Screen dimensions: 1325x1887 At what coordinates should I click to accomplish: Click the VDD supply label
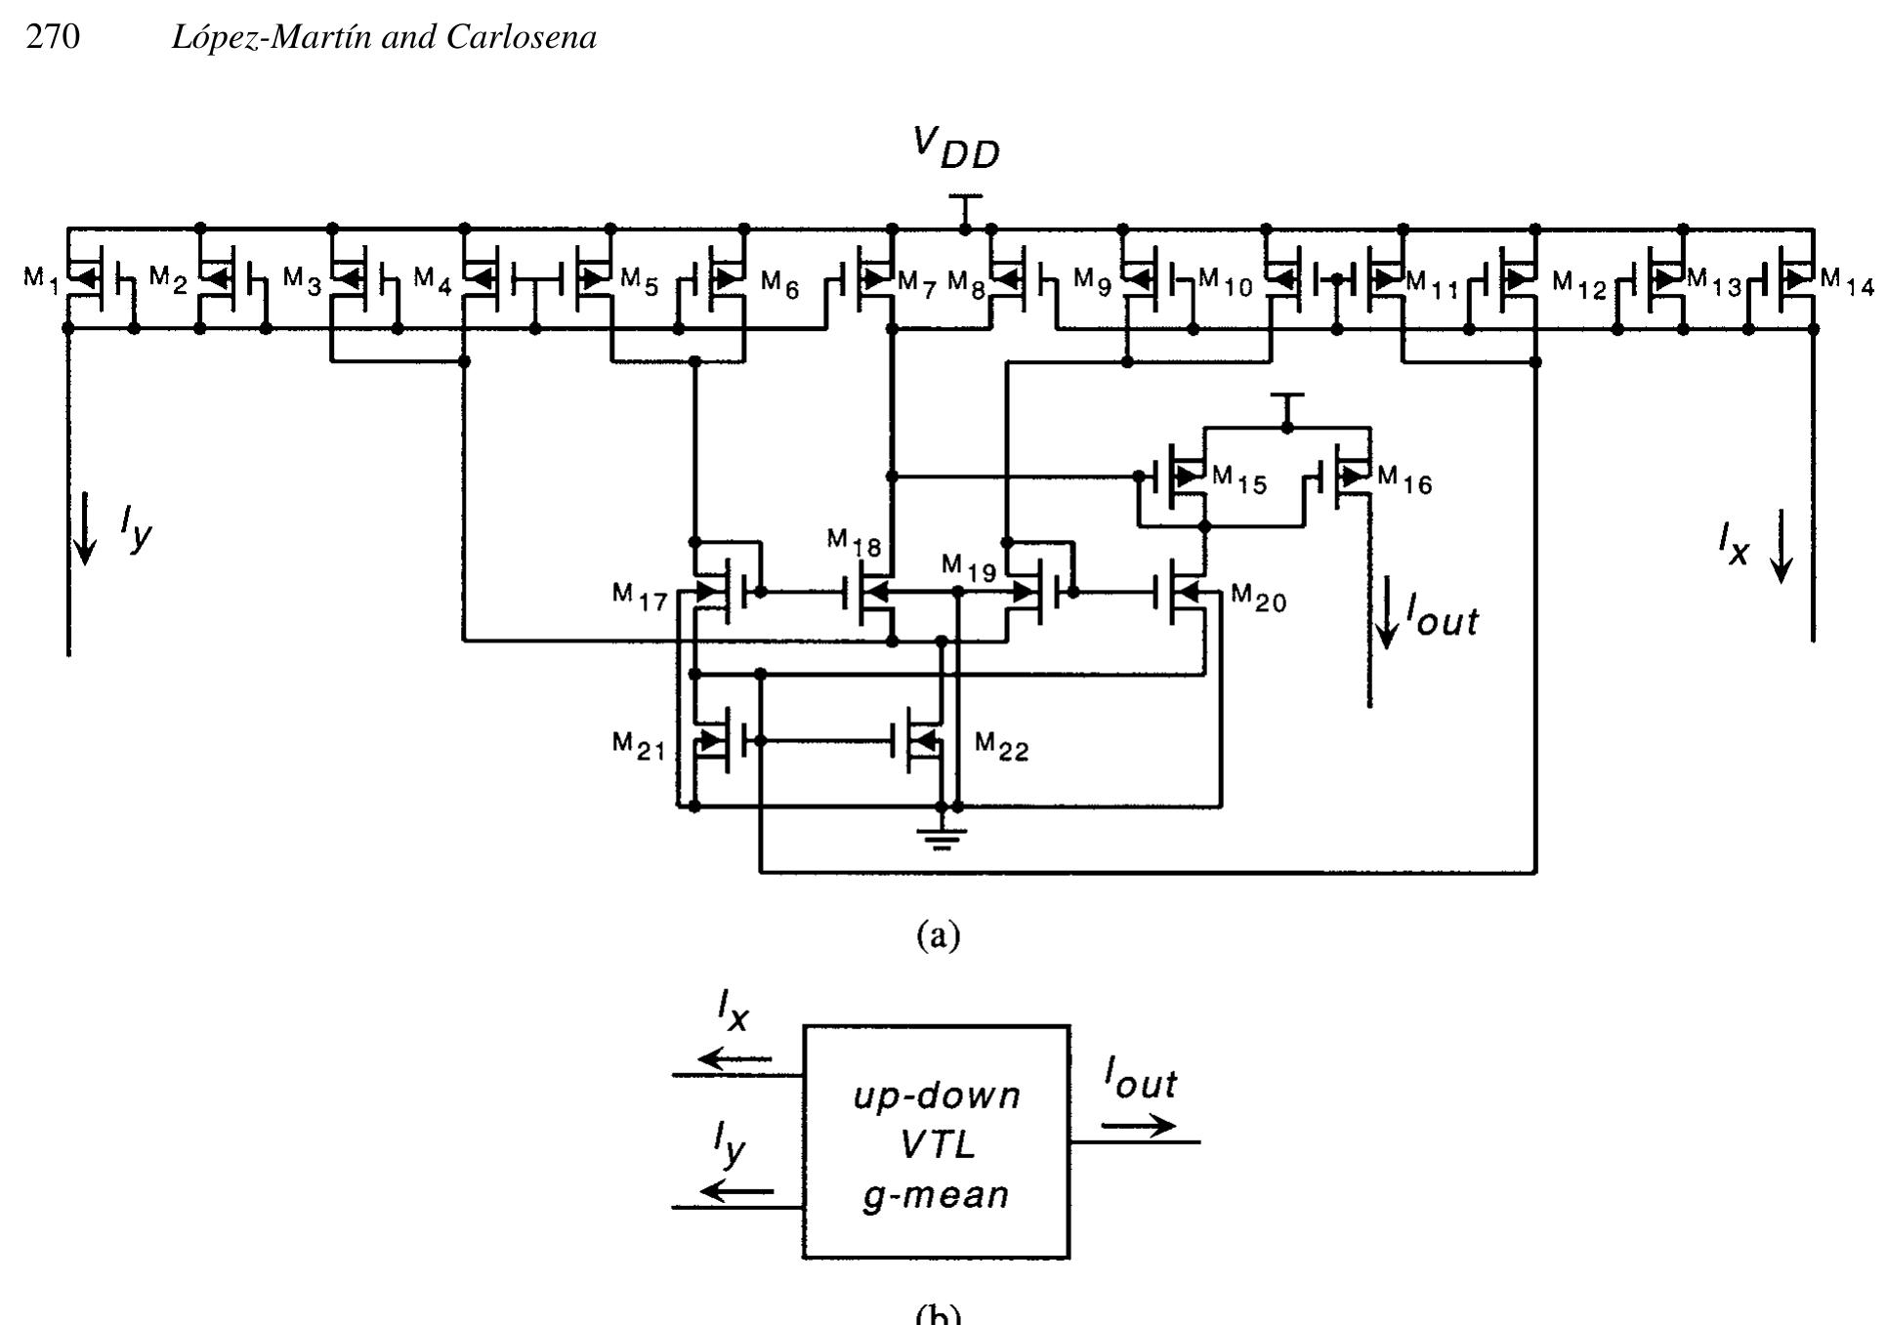956,149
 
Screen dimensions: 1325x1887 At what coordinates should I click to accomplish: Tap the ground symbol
941,837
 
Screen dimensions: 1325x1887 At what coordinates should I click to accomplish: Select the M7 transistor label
916,283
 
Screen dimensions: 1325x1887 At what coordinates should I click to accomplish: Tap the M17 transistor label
639,596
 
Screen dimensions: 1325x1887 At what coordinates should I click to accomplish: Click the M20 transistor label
1258,598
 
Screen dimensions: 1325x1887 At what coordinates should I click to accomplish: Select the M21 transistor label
639,746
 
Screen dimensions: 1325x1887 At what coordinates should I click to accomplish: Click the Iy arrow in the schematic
86,527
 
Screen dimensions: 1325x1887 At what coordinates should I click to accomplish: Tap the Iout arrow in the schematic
1386,613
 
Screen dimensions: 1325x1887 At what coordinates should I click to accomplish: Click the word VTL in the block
937,1144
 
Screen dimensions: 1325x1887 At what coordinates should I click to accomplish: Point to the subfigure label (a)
939,935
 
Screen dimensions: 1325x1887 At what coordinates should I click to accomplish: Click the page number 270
53,37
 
